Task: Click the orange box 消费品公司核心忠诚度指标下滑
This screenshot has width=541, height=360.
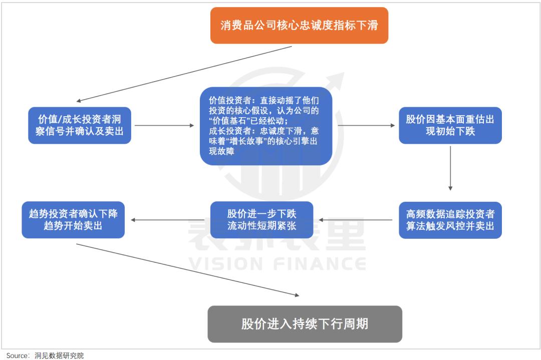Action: click(x=299, y=25)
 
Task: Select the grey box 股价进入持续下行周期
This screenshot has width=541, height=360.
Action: click(x=305, y=324)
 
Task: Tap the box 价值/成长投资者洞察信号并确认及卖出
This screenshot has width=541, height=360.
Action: click(x=80, y=125)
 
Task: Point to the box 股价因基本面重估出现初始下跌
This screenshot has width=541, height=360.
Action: click(x=450, y=125)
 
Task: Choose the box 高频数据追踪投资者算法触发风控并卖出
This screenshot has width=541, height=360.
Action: click(x=450, y=220)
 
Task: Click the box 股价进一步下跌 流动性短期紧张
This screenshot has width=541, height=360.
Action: click(x=261, y=220)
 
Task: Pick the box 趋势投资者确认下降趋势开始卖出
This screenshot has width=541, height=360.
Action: click(x=73, y=220)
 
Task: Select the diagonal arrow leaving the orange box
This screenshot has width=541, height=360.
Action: click(x=184, y=74)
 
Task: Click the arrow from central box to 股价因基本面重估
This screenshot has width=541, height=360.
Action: click(x=366, y=125)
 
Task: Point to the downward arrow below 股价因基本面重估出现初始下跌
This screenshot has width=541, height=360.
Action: click(x=450, y=167)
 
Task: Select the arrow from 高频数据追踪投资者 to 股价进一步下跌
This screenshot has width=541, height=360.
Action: click(x=359, y=220)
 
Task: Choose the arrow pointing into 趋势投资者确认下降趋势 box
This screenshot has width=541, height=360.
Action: click(x=168, y=220)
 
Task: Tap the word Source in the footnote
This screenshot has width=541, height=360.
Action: click(x=17, y=355)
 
